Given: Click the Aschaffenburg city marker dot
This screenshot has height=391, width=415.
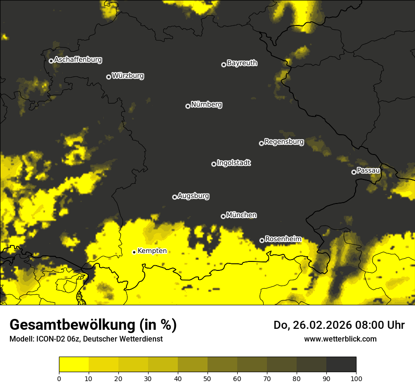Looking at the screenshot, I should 51,61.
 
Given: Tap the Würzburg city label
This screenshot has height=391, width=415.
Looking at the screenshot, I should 128,76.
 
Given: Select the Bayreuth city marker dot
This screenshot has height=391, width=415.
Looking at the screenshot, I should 224,65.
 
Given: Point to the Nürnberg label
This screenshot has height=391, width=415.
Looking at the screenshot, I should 207,105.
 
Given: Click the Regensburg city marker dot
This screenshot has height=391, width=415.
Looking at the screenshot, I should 261,143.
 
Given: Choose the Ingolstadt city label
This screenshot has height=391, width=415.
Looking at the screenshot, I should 234,163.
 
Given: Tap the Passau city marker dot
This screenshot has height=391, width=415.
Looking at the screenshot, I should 354,172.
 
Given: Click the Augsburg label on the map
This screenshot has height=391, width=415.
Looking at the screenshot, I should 193,196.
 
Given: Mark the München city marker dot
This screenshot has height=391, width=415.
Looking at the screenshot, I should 223,217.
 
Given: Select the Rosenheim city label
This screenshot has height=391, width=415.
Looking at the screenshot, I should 283,239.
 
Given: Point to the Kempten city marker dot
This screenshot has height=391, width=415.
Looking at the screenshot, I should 134,252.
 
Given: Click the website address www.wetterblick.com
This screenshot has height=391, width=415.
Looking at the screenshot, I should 340,339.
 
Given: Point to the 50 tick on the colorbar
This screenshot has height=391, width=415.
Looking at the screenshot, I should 207,378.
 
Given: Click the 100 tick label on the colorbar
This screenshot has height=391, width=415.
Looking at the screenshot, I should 356,378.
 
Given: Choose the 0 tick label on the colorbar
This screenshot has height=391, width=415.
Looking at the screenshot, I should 59,378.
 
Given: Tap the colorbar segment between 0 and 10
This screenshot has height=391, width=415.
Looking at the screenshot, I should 74,365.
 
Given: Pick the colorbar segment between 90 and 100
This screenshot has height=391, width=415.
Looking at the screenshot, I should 341,365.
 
